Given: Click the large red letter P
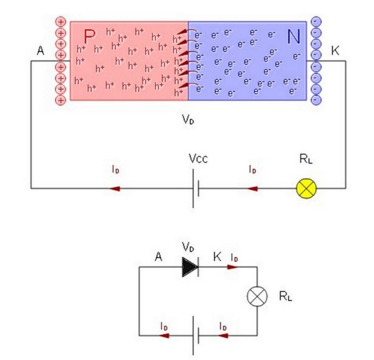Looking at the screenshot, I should [x=89, y=36].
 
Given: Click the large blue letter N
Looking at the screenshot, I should [x=294, y=36].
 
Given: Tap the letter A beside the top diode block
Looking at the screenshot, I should [x=41, y=50].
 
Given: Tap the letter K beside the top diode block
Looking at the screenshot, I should [x=335, y=50].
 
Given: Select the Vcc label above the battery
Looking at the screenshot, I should [x=198, y=158].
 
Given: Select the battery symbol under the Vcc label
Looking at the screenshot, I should [x=195, y=188].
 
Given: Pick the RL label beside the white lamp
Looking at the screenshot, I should [x=285, y=296].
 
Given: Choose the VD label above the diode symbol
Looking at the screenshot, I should [x=189, y=247].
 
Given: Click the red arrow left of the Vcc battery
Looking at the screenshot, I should [x=115, y=188].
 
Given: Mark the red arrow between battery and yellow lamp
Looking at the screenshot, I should [x=252, y=188].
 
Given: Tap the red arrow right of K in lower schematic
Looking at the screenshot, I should [x=233, y=267].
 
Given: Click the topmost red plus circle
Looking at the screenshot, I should [x=60, y=22].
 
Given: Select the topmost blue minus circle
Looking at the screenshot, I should [x=316, y=22].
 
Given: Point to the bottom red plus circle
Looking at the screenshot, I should [x=60, y=100].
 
